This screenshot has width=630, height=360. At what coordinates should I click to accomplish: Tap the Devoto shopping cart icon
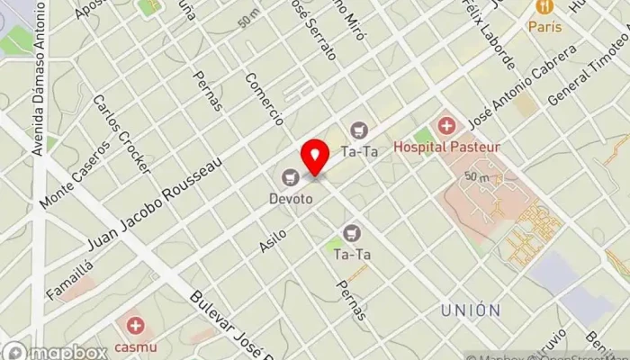click(290, 176)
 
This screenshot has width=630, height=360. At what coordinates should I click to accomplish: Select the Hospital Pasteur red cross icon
click(445, 124)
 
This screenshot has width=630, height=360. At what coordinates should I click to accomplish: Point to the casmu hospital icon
click(135, 325)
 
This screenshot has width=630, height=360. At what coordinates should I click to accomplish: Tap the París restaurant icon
click(544, 7)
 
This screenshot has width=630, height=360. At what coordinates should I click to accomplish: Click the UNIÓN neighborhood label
click(471, 310)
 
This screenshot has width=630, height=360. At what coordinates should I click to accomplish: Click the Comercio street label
click(264, 98)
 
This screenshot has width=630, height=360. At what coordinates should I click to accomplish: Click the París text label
click(544, 27)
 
